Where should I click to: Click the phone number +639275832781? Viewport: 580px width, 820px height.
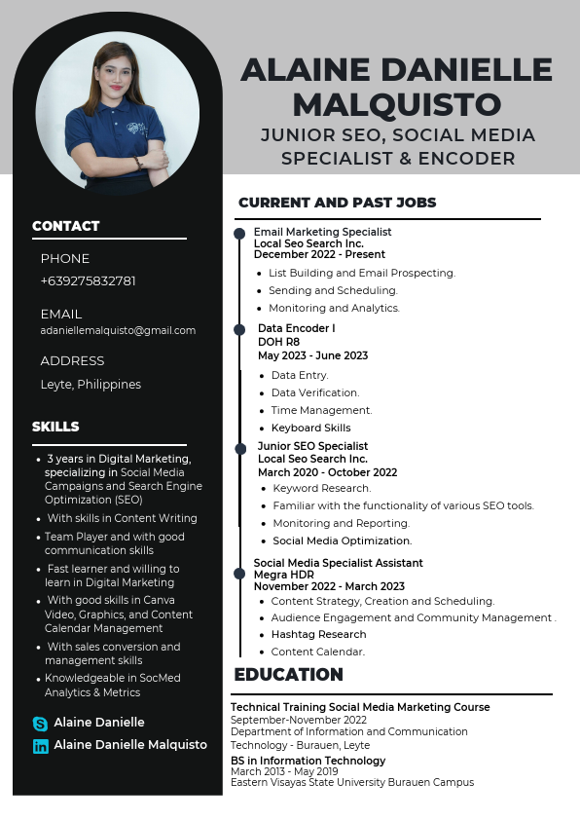88,280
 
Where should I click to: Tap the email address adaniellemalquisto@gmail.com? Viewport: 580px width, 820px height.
118,330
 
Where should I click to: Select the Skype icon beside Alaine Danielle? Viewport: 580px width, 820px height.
40,724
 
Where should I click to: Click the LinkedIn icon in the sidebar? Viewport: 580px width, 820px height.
40,746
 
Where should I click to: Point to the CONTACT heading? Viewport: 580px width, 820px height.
65,226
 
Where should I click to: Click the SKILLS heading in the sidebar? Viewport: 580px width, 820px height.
55,427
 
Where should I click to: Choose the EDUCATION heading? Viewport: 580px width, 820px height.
288,675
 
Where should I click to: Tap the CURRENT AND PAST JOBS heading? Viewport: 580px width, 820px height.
337,203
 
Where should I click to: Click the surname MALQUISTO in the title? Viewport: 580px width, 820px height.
396,103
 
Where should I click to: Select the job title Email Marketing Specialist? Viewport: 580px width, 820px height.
322,232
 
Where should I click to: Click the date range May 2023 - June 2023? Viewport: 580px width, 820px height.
312,355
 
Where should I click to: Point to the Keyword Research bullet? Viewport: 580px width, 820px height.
321,488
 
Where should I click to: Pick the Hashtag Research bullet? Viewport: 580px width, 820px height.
318,634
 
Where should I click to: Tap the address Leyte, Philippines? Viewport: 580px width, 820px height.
91,384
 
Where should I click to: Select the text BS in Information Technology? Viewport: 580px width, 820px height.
308,761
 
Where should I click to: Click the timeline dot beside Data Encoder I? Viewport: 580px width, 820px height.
239,330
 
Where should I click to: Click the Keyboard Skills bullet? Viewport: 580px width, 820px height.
310,428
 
